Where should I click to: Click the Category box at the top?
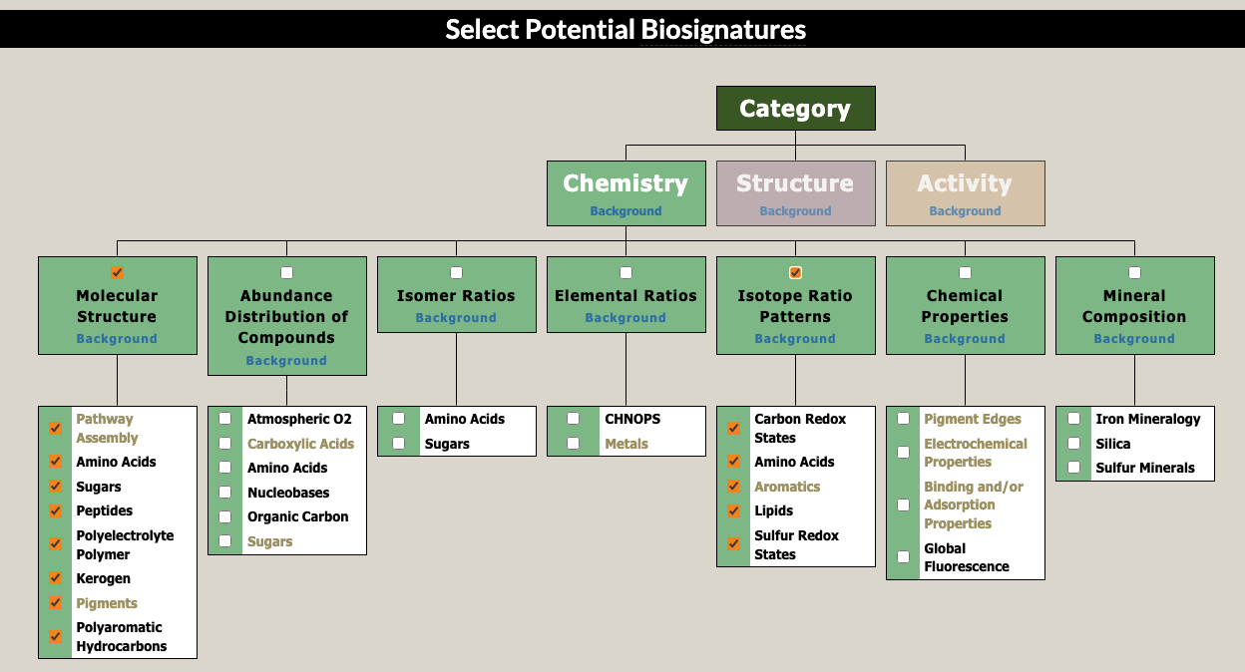click(x=795, y=109)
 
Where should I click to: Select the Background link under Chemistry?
click(x=625, y=211)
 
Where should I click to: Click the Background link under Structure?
click(x=795, y=211)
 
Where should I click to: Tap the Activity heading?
click(x=965, y=183)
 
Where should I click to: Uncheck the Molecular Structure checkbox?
click(x=118, y=272)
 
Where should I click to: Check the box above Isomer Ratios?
click(x=456, y=272)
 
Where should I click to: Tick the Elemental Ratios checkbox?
click(x=625, y=272)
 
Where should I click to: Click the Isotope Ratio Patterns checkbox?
click(x=795, y=272)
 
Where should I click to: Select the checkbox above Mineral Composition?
click(x=1134, y=272)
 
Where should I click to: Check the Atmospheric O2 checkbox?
click(x=225, y=419)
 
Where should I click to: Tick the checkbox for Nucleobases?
click(x=225, y=493)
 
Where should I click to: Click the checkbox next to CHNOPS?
click(x=574, y=419)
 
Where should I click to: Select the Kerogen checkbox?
click(x=56, y=578)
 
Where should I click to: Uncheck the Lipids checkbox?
click(x=734, y=510)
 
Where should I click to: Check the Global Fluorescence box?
click(x=904, y=557)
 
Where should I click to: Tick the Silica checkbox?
click(x=1074, y=444)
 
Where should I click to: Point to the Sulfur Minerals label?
click(x=1144, y=468)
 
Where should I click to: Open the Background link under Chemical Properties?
click(x=965, y=339)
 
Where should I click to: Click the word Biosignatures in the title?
click(x=723, y=29)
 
